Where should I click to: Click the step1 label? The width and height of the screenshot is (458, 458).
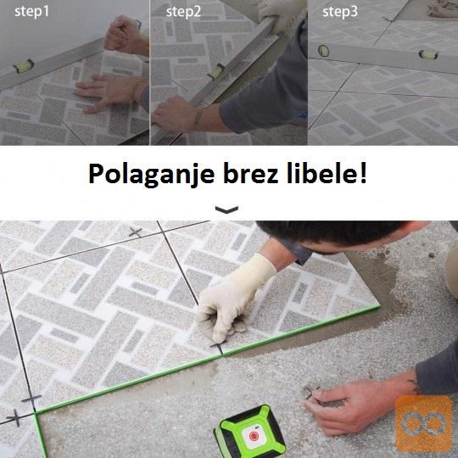31,12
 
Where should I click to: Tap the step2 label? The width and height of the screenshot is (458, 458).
183,12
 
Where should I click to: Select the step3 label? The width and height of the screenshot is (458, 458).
340,12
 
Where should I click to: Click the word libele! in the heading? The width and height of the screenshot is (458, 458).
327,174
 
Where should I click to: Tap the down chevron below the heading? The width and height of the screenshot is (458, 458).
226,209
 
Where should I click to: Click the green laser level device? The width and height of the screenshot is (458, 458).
250,433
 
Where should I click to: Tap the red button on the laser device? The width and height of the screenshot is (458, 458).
254,437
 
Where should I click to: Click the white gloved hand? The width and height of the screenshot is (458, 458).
234,298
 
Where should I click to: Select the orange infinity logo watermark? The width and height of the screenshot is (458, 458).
424,424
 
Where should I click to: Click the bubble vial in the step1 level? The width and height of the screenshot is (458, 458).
24,66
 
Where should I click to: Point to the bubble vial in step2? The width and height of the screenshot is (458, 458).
216,71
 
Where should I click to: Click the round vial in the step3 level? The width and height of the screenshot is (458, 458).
323,51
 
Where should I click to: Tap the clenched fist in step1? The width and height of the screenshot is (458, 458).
124,35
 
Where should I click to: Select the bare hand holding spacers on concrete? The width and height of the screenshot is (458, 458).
360,402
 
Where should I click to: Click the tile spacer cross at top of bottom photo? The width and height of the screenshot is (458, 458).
136,232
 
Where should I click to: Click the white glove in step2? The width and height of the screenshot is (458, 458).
282,13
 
